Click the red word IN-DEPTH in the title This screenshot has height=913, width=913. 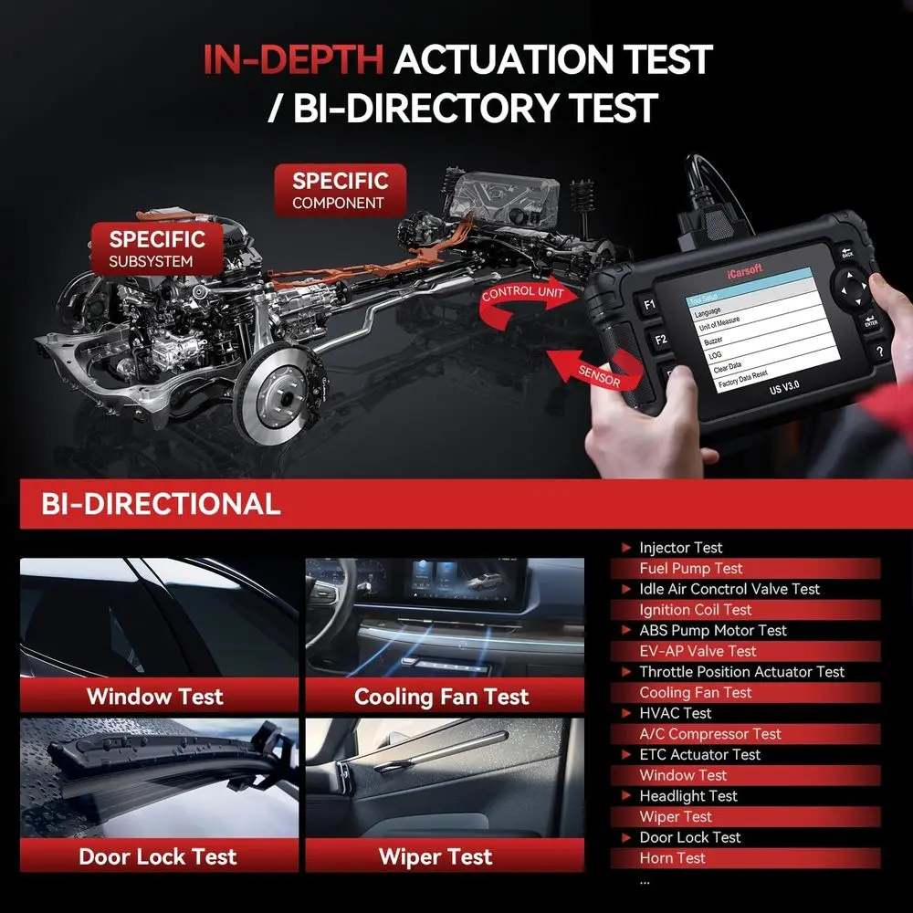(x=293, y=59)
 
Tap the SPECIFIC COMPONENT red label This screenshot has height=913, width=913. (x=340, y=191)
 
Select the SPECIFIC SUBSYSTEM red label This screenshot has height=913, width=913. (x=157, y=248)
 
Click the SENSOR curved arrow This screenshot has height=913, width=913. (x=594, y=370)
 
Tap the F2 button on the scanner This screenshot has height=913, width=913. (x=660, y=340)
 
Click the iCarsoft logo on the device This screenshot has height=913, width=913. (x=745, y=271)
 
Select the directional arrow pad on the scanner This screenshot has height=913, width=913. (x=851, y=288)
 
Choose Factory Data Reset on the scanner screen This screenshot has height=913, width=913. (x=743, y=380)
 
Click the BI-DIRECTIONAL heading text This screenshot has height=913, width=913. (x=162, y=504)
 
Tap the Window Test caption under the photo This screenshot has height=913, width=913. (x=155, y=697)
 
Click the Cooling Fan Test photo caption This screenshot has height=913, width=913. (x=441, y=697)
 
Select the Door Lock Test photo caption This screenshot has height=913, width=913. (x=158, y=856)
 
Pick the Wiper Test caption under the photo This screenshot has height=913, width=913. (x=436, y=857)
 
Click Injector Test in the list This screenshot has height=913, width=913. (x=681, y=547)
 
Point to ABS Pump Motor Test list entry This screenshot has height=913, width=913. (x=713, y=630)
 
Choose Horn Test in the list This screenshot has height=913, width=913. (x=672, y=857)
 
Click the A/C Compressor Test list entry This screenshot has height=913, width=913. (x=709, y=734)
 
